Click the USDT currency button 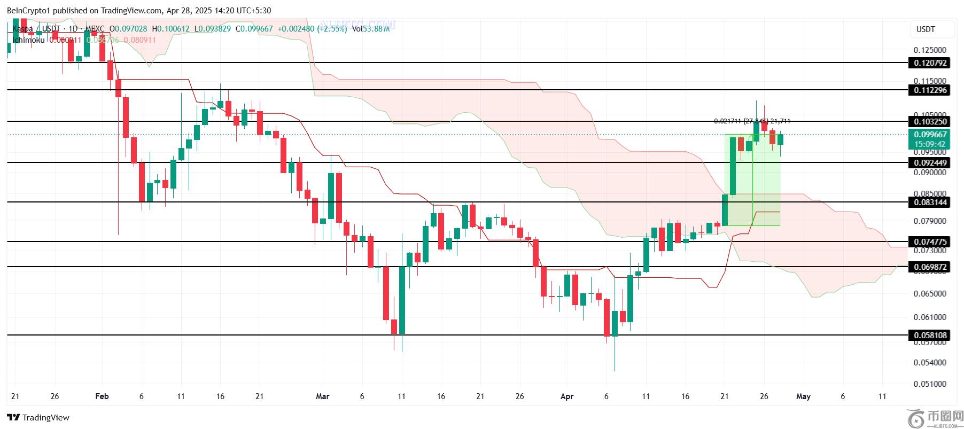[926, 29]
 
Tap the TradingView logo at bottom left [38, 417]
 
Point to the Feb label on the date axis [102, 396]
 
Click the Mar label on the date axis [323, 396]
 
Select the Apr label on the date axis [567, 396]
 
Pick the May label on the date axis [803, 396]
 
